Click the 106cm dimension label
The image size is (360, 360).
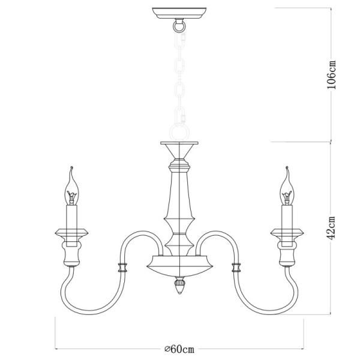tap(331, 74)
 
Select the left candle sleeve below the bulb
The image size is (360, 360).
tap(72, 217)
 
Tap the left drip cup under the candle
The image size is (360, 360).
tap(72, 232)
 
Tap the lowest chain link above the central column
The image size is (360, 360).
tap(179, 129)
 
